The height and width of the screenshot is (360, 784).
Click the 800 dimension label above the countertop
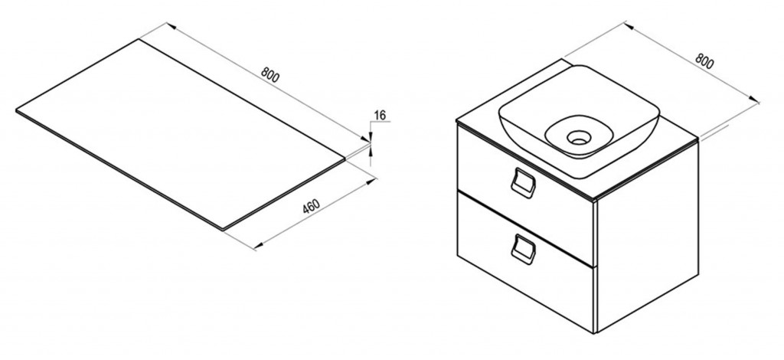tap(269, 75)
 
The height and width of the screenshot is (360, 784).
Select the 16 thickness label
tap(380, 116)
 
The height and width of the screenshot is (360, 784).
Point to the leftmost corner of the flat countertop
tap(17, 110)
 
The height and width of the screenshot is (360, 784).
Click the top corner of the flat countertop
tap(139, 39)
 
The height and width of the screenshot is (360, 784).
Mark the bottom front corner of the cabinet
tap(595, 332)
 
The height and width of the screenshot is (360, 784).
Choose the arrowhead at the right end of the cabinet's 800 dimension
tap(756, 100)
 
